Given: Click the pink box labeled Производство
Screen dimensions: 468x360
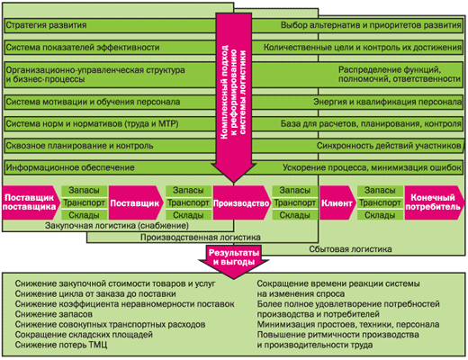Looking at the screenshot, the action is [x=241, y=202].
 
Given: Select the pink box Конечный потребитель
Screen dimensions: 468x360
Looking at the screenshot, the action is [x=434, y=202].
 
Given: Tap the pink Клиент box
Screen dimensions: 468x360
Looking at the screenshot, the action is [x=337, y=202].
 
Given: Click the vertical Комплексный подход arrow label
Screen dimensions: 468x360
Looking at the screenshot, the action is [x=233, y=93].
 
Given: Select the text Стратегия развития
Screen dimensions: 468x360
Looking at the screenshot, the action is [x=46, y=25].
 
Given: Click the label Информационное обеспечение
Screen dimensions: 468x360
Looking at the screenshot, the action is [x=70, y=167].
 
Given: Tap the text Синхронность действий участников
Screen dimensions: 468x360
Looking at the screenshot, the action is [x=389, y=146].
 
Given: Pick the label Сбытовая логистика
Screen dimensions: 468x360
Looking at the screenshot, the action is [x=350, y=249].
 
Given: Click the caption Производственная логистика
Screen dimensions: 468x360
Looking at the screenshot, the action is [x=201, y=238].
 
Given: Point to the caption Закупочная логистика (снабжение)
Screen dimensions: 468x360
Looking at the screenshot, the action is [x=117, y=226].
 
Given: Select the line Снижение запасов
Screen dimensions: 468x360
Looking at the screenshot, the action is [x=54, y=314].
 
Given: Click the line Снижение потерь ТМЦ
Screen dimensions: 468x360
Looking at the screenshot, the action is [x=61, y=345].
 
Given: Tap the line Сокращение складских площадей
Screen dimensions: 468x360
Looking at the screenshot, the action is [x=84, y=335].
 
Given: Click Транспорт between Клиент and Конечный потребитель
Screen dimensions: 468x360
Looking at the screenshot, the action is [x=380, y=202].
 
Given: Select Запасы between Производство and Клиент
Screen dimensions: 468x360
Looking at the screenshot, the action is [x=294, y=190].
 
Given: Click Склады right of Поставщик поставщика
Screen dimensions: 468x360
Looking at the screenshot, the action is [x=84, y=215].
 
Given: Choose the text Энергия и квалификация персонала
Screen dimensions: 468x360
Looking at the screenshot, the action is [x=387, y=102].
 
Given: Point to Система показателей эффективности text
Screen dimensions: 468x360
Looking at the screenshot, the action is [x=83, y=48].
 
